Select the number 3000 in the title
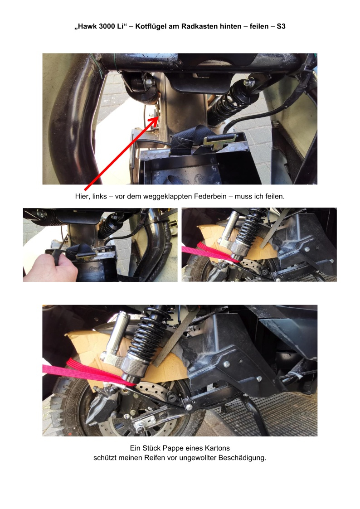(107, 26)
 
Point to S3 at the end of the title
(281, 26)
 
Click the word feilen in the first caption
(273, 196)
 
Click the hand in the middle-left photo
(50, 267)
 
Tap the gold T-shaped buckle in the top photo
(219, 141)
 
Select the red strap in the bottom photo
(88, 372)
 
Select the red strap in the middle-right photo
(211, 253)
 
